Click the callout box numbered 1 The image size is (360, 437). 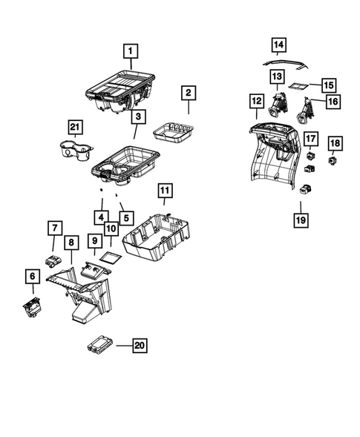(131, 51)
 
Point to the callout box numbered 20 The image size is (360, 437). (138, 345)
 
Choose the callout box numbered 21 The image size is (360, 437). (73, 128)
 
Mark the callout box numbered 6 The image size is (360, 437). (32, 276)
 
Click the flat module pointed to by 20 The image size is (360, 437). (99, 345)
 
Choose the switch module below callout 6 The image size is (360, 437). (32, 305)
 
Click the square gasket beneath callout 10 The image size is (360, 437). (110, 258)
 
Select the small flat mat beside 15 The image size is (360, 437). (298, 86)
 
